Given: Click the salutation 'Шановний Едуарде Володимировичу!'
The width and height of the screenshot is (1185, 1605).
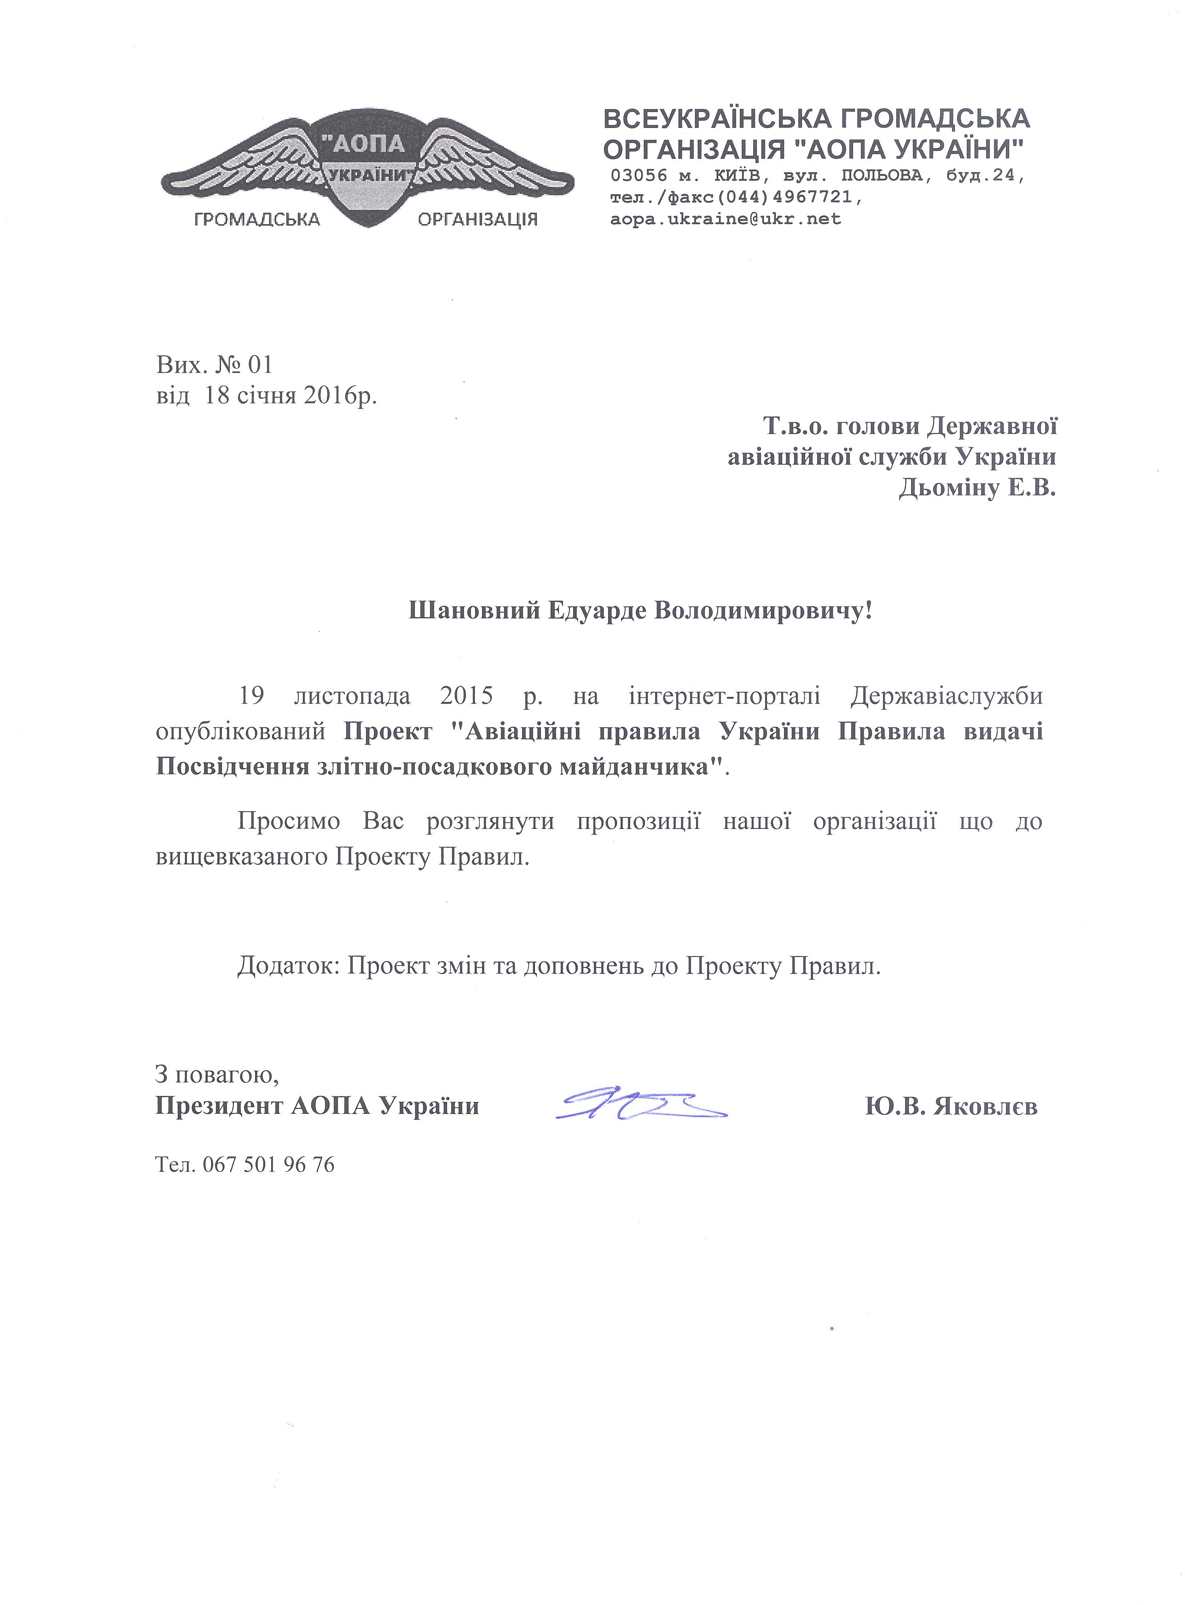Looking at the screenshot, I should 640,611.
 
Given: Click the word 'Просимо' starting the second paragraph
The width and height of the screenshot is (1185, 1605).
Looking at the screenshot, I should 288,821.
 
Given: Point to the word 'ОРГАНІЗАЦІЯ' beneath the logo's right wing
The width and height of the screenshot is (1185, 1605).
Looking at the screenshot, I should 478,220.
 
